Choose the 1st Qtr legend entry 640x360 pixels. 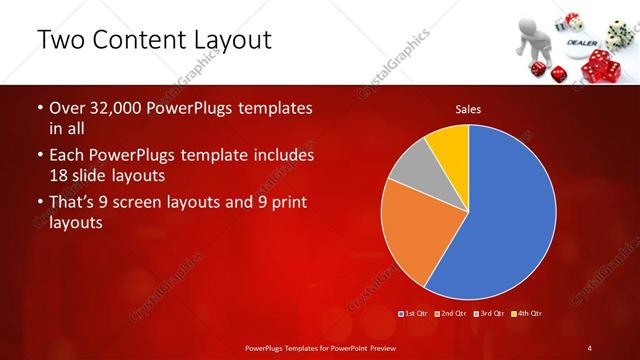[x=416, y=314]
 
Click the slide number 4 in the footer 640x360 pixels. [x=590, y=347]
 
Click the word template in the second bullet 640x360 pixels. [x=232, y=156]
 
